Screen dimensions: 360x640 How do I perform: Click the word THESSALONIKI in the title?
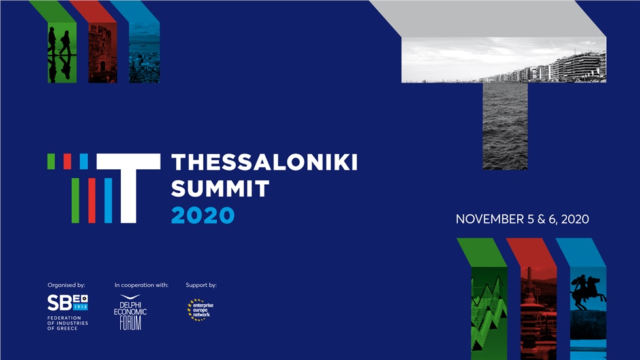(264, 163)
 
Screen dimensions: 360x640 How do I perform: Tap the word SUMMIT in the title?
(219, 189)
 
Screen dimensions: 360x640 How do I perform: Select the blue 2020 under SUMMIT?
(202, 215)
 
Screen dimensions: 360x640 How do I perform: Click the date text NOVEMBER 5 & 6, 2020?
(522, 220)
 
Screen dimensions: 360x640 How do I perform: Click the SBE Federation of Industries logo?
(67, 303)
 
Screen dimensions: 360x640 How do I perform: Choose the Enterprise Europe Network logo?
(200, 309)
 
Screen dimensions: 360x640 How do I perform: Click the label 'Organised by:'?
(66, 286)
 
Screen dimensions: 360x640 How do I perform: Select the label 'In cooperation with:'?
(141, 286)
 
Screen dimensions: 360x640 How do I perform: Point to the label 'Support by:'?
(201, 286)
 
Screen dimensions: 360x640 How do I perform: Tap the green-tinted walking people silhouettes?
(61, 52)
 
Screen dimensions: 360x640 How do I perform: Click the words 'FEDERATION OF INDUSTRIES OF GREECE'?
(67, 323)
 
